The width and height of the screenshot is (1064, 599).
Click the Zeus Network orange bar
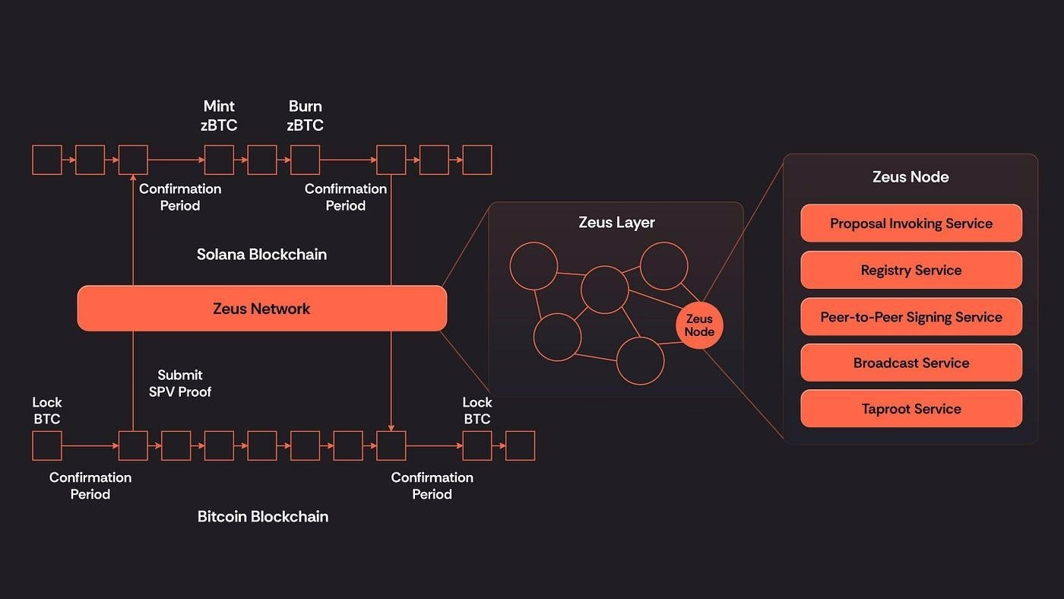(261, 309)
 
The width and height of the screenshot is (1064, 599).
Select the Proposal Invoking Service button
(910, 223)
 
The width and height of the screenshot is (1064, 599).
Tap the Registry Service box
(910, 271)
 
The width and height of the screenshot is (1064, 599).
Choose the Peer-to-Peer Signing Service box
(910, 317)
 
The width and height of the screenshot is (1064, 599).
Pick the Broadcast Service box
(910, 363)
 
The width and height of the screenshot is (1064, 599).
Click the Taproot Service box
(910, 409)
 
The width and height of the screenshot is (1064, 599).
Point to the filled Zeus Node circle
(699, 325)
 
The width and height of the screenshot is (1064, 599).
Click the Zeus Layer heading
(616, 223)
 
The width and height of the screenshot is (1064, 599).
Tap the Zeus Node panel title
(910, 177)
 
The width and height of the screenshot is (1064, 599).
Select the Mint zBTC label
(219, 116)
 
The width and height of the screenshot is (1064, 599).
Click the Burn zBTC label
(305, 116)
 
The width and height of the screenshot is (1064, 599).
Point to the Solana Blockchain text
(261, 255)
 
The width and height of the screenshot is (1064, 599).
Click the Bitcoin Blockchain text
(262, 517)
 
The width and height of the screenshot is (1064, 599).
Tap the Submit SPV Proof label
(180, 383)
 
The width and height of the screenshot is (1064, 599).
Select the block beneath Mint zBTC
(219, 160)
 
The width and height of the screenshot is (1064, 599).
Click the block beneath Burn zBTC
(305, 160)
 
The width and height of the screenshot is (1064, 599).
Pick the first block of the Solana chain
(46, 160)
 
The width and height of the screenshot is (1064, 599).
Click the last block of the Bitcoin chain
(520, 445)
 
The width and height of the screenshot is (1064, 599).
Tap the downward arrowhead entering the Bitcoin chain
(391, 427)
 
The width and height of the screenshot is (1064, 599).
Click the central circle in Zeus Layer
(605, 290)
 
